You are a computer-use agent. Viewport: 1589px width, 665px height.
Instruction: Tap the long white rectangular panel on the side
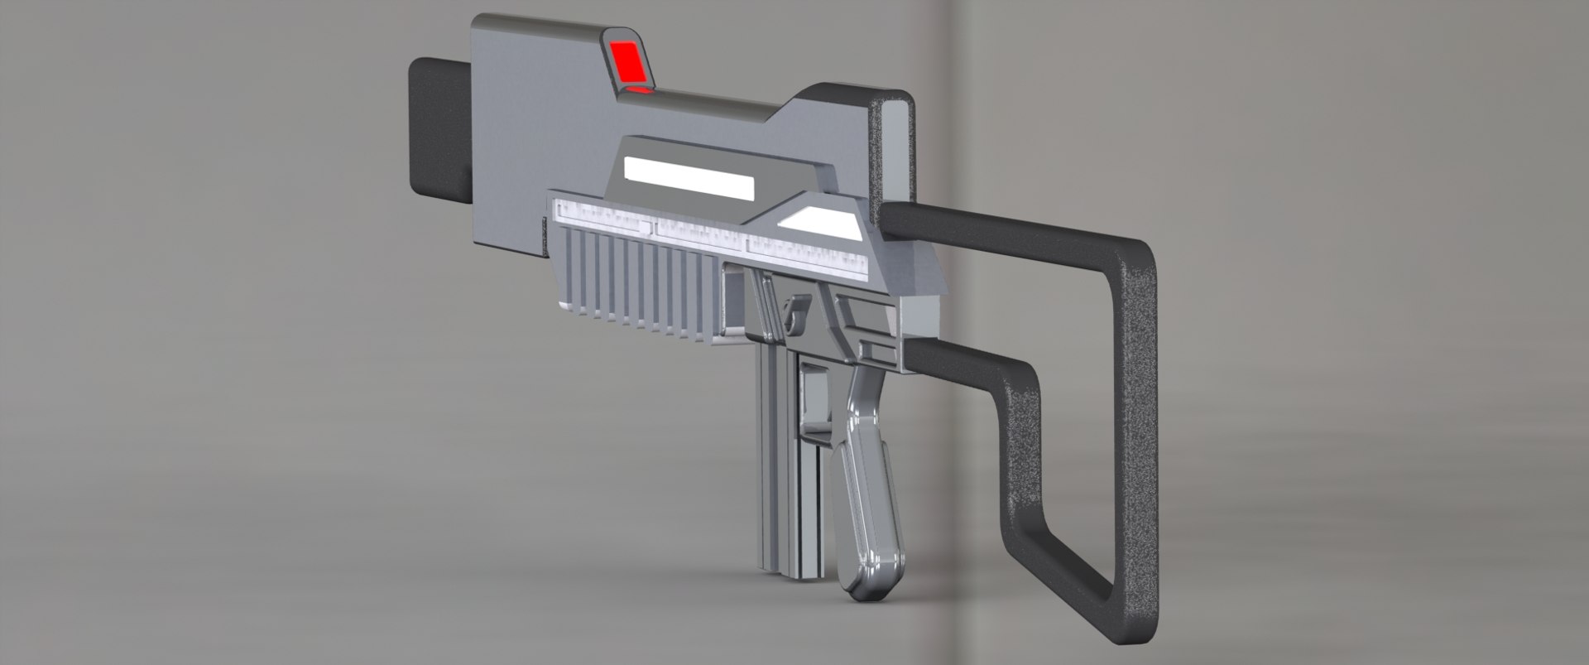[x=689, y=179]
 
